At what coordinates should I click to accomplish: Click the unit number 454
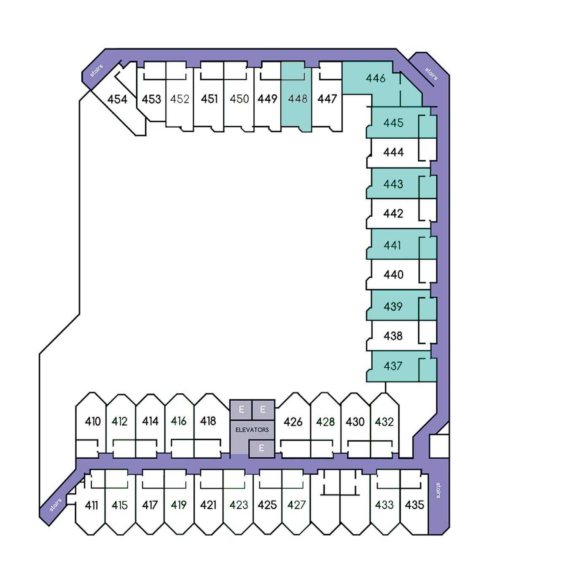[117, 99]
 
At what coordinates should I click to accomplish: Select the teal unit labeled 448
[298, 99]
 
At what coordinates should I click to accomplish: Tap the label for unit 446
[376, 78]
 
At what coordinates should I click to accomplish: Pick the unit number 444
[393, 152]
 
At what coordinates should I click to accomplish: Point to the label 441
[392, 245]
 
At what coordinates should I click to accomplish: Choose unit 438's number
[393, 336]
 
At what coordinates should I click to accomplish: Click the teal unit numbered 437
[393, 366]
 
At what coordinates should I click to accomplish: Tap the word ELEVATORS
[252, 430]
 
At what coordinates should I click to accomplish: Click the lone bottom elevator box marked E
[261, 448]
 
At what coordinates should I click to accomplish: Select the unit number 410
[93, 421]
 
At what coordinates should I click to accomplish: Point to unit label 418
[208, 421]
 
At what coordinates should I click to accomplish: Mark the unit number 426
[293, 422]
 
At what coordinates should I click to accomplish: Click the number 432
[384, 422]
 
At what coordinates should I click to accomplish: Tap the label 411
[91, 505]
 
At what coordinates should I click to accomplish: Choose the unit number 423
[239, 505]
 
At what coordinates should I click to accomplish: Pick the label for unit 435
[414, 505]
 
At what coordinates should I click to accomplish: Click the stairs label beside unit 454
[97, 70]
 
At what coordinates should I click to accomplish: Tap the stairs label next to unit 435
[438, 490]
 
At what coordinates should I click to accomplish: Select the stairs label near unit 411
[55, 505]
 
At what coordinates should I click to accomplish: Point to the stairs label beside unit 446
[431, 74]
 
